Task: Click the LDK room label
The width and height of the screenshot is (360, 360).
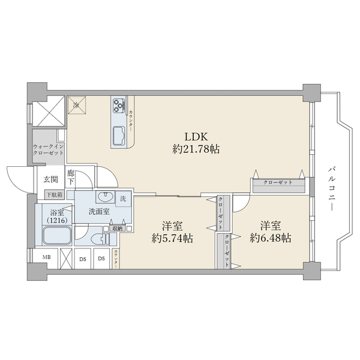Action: click(195, 135)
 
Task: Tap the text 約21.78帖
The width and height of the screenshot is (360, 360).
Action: click(196, 149)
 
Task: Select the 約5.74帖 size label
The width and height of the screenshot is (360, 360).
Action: click(172, 238)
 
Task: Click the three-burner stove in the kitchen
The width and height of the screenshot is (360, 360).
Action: click(117, 106)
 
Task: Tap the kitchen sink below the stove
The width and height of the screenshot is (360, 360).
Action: click(118, 133)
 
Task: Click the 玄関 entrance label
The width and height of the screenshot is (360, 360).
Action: click(50, 179)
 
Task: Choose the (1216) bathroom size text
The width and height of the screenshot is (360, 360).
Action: click(57, 220)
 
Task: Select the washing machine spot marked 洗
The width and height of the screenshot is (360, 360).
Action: click(122, 199)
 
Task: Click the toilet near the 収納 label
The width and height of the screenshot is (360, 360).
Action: click(104, 239)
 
